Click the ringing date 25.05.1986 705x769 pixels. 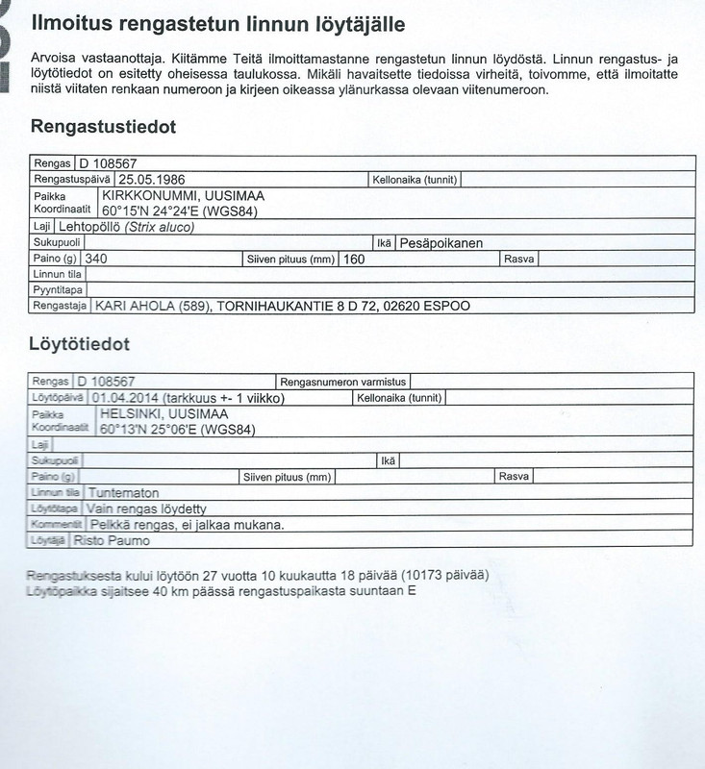click(x=151, y=179)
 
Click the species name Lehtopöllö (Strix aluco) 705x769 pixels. click(x=126, y=227)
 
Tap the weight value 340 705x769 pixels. click(x=96, y=259)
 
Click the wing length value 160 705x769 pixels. click(x=354, y=259)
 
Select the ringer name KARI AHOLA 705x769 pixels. click(x=137, y=306)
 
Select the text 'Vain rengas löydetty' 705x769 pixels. click(x=147, y=509)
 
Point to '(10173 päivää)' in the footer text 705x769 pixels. click(x=444, y=574)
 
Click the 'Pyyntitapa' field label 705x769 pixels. click(x=58, y=289)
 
